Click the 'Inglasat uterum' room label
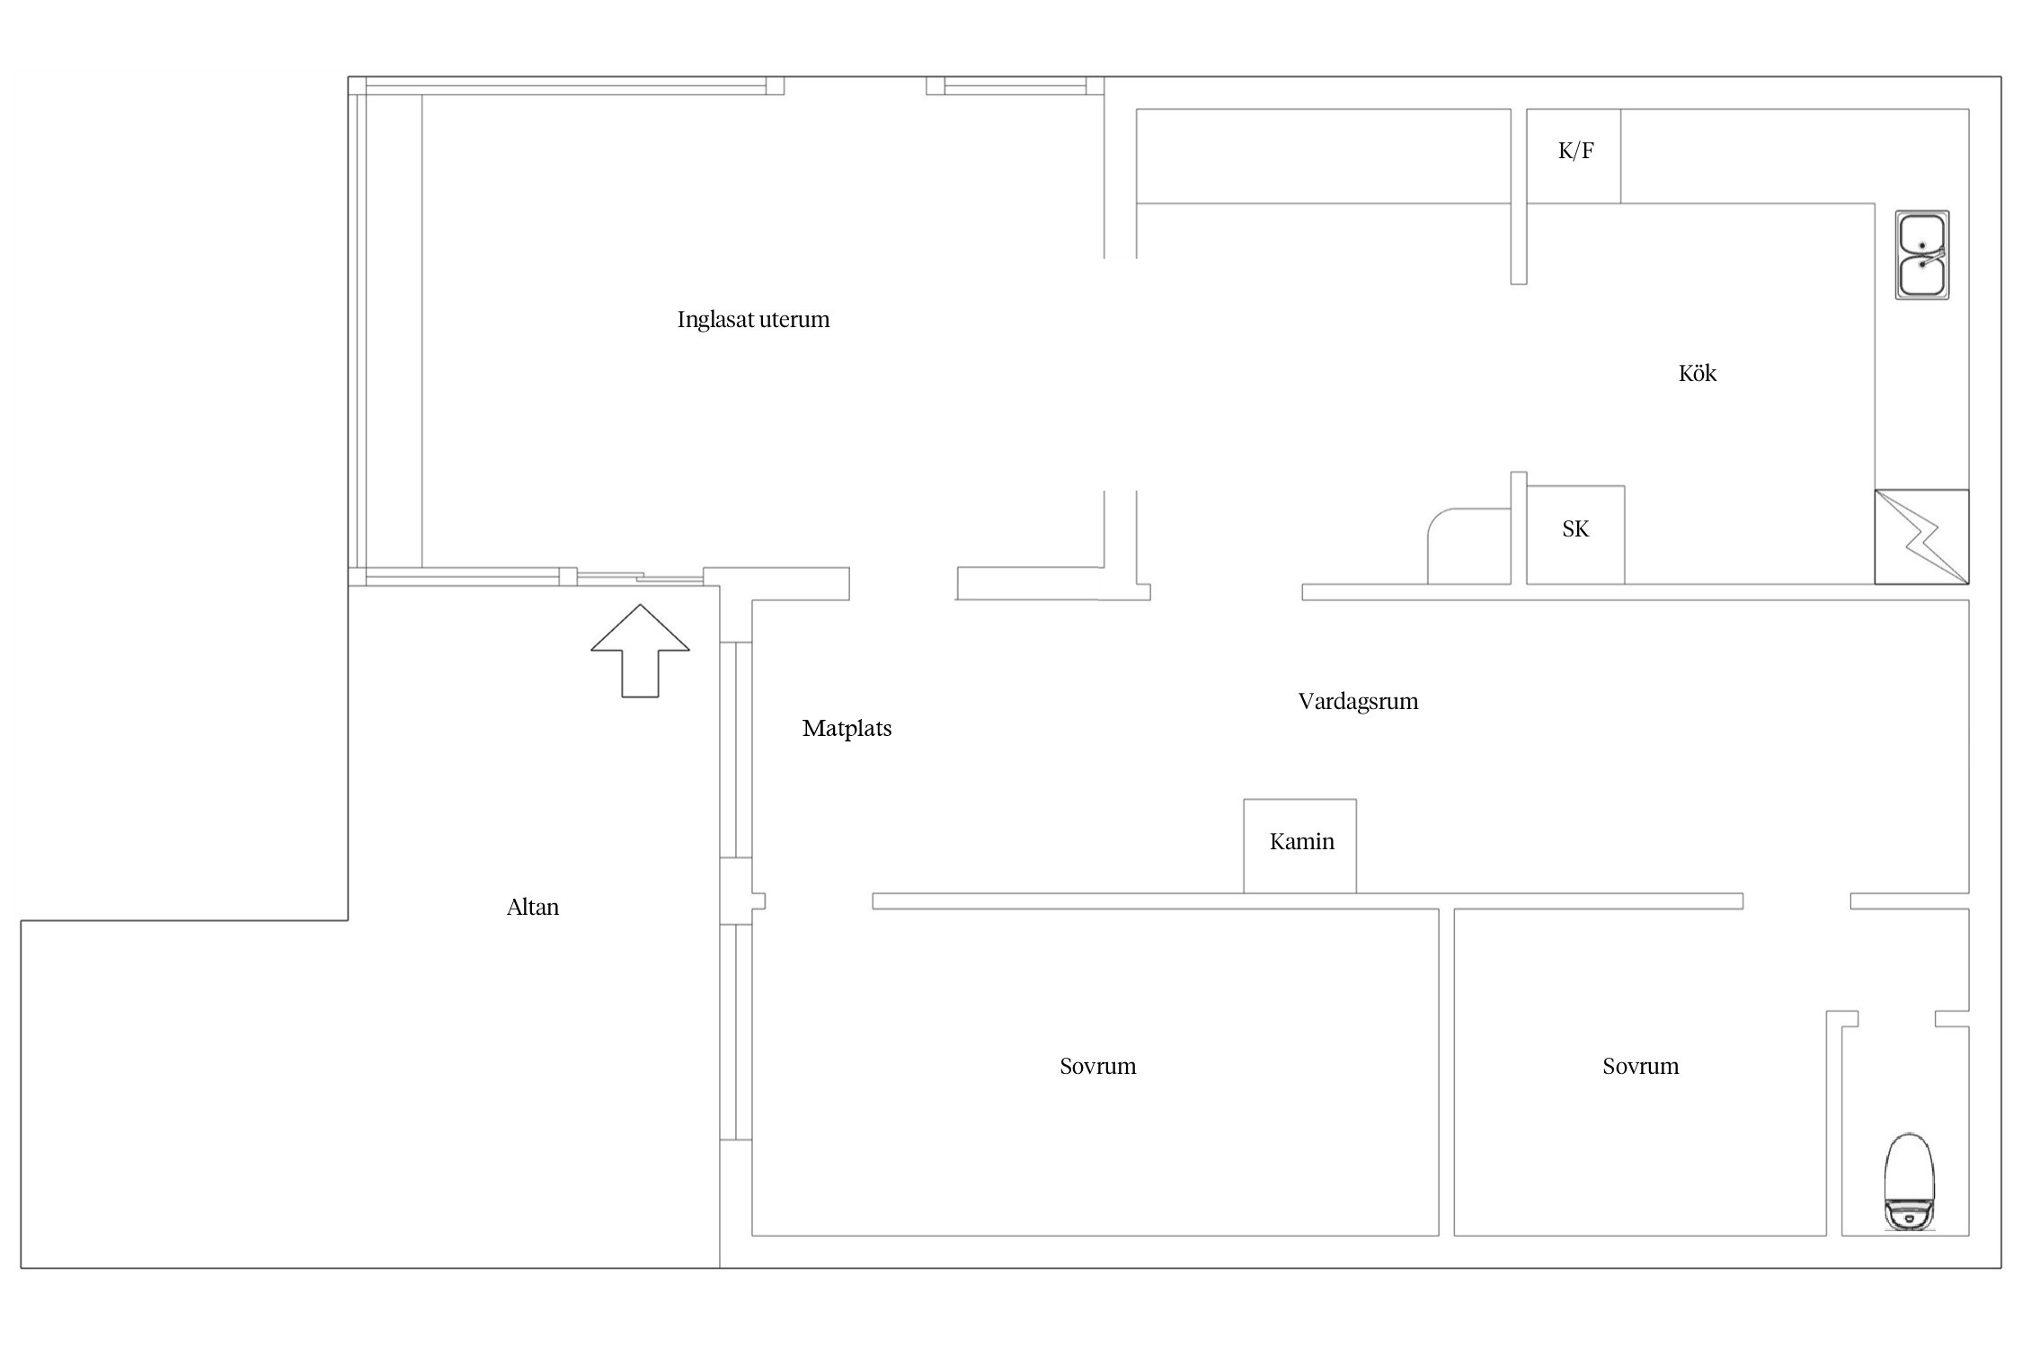(753, 320)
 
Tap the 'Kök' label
(1697, 373)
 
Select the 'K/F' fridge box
(1574, 156)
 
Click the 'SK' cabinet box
(1575, 535)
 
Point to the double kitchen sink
(1922, 255)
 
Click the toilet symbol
(1910, 1182)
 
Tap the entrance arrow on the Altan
(640, 651)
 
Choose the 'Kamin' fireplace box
(1299, 846)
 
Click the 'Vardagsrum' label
(1358, 702)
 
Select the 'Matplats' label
(847, 729)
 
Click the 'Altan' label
(533, 908)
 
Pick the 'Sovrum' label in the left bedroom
(1097, 1067)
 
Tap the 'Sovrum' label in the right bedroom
(1640, 1067)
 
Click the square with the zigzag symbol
(1921, 537)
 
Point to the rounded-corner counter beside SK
(1469, 546)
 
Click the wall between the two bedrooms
(1446, 1072)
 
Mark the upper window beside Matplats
(735, 749)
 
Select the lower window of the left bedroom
(735, 1032)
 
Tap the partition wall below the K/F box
(1519, 244)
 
